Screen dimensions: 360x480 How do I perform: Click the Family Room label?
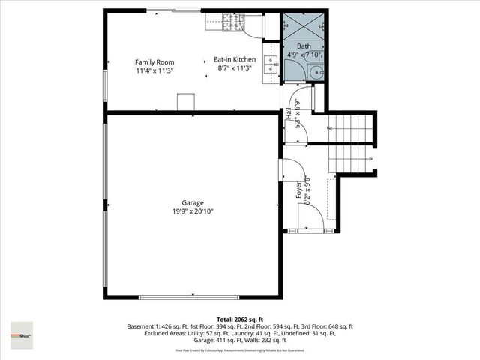pos(154,61)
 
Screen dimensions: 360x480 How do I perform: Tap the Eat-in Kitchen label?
pos(235,59)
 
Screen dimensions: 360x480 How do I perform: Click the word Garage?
pos(192,202)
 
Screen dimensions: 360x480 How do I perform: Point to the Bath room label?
pos(304,46)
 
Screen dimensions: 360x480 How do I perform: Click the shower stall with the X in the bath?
pos(303,26)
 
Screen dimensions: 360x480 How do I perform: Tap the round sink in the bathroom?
pos(316,73)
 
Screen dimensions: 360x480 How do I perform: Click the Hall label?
pos(289,114)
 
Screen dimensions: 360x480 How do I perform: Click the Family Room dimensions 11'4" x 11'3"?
pos(154,70)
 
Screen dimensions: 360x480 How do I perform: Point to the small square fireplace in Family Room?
pos(185,102)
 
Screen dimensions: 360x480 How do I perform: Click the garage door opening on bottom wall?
pos(193,298)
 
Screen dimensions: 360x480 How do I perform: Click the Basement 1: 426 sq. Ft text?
pos(156,326)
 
